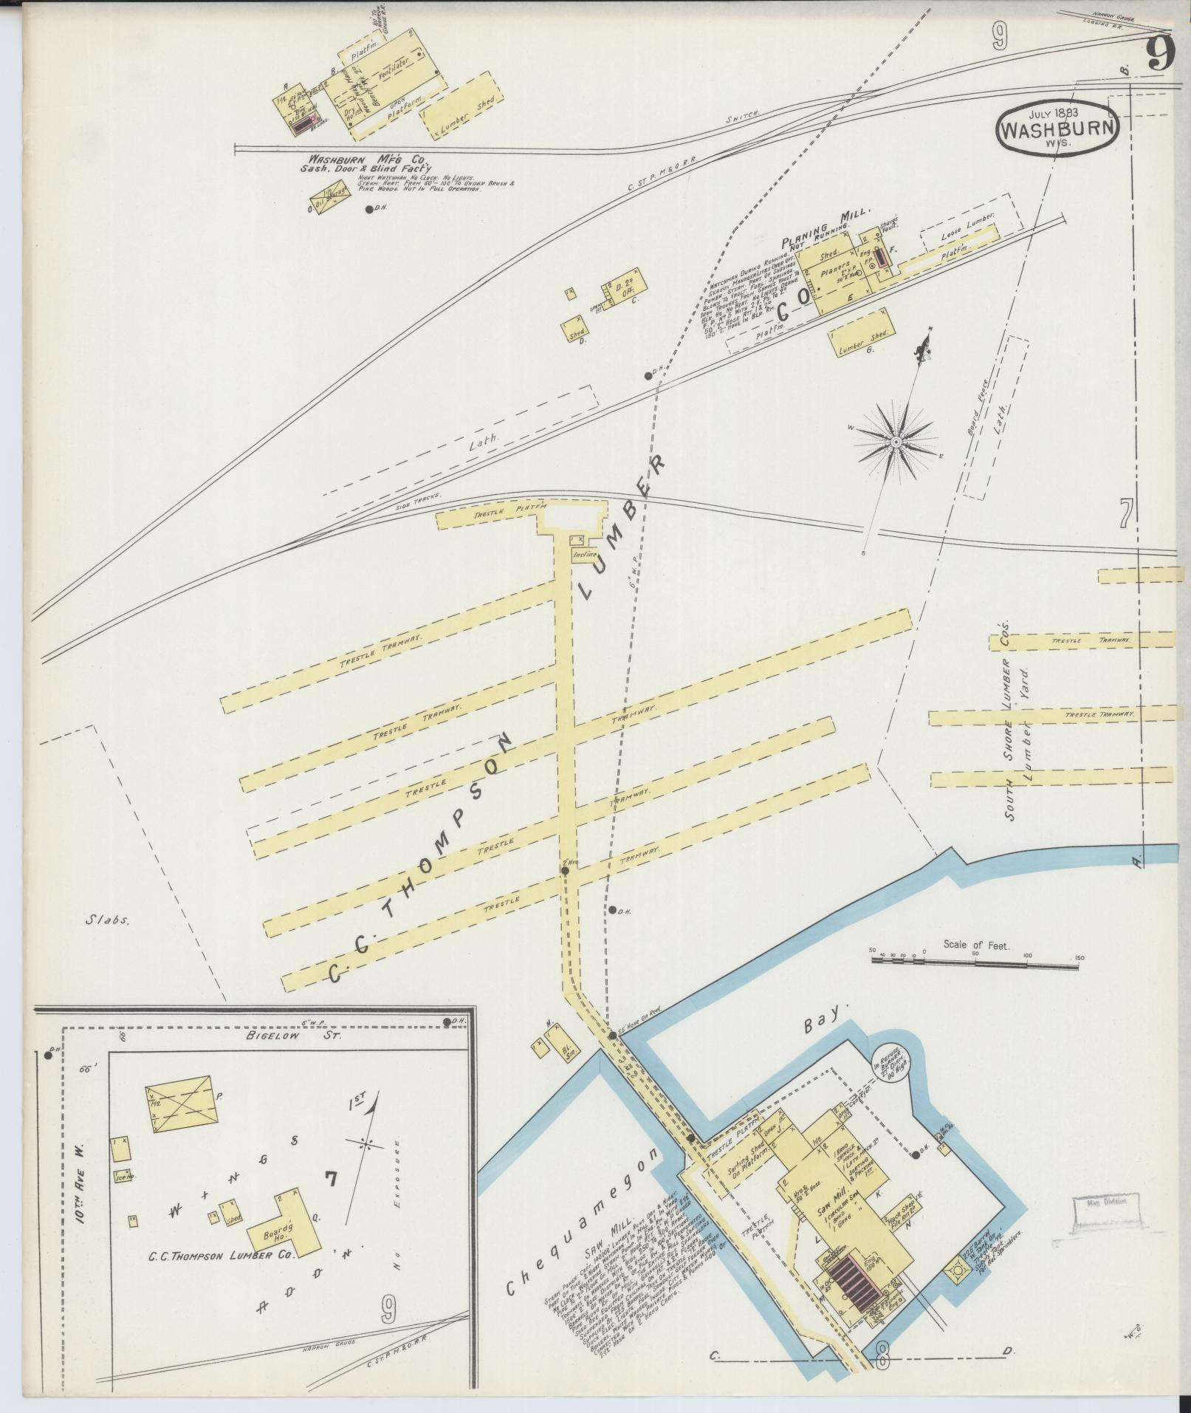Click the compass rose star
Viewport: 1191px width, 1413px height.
(x=896, y=442)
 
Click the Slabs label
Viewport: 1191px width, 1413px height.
(x=107, y=920)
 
